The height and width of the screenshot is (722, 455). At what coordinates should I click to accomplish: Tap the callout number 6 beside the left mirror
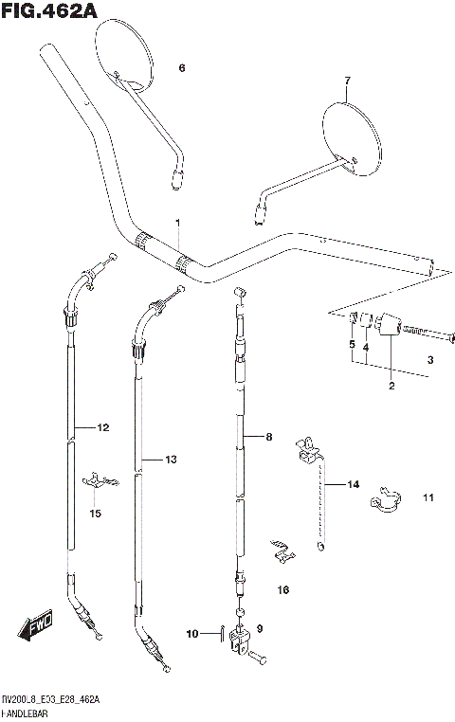[182, 67]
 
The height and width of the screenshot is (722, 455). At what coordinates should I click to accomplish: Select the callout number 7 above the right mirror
[347, 81]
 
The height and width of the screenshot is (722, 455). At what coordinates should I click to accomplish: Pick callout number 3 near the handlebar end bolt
[429, 360]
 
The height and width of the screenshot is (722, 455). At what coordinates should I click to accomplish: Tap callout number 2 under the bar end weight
[390, 386]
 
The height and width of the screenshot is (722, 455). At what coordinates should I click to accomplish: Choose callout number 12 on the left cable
[102, 427]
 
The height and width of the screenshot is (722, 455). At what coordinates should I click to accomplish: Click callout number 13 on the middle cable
[171, 460]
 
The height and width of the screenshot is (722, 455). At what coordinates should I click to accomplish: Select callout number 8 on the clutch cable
[268, 437]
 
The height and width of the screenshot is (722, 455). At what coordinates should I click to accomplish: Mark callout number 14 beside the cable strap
[353, 484]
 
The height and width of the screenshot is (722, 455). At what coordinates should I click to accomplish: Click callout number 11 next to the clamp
[428, 497]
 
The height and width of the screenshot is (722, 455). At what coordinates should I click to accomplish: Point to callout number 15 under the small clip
[95, 514]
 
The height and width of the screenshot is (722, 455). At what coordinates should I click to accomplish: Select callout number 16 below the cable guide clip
[282, 589]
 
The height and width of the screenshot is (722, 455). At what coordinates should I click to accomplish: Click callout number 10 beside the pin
[192, 633]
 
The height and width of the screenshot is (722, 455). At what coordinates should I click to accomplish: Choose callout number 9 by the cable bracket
[261, 627]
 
